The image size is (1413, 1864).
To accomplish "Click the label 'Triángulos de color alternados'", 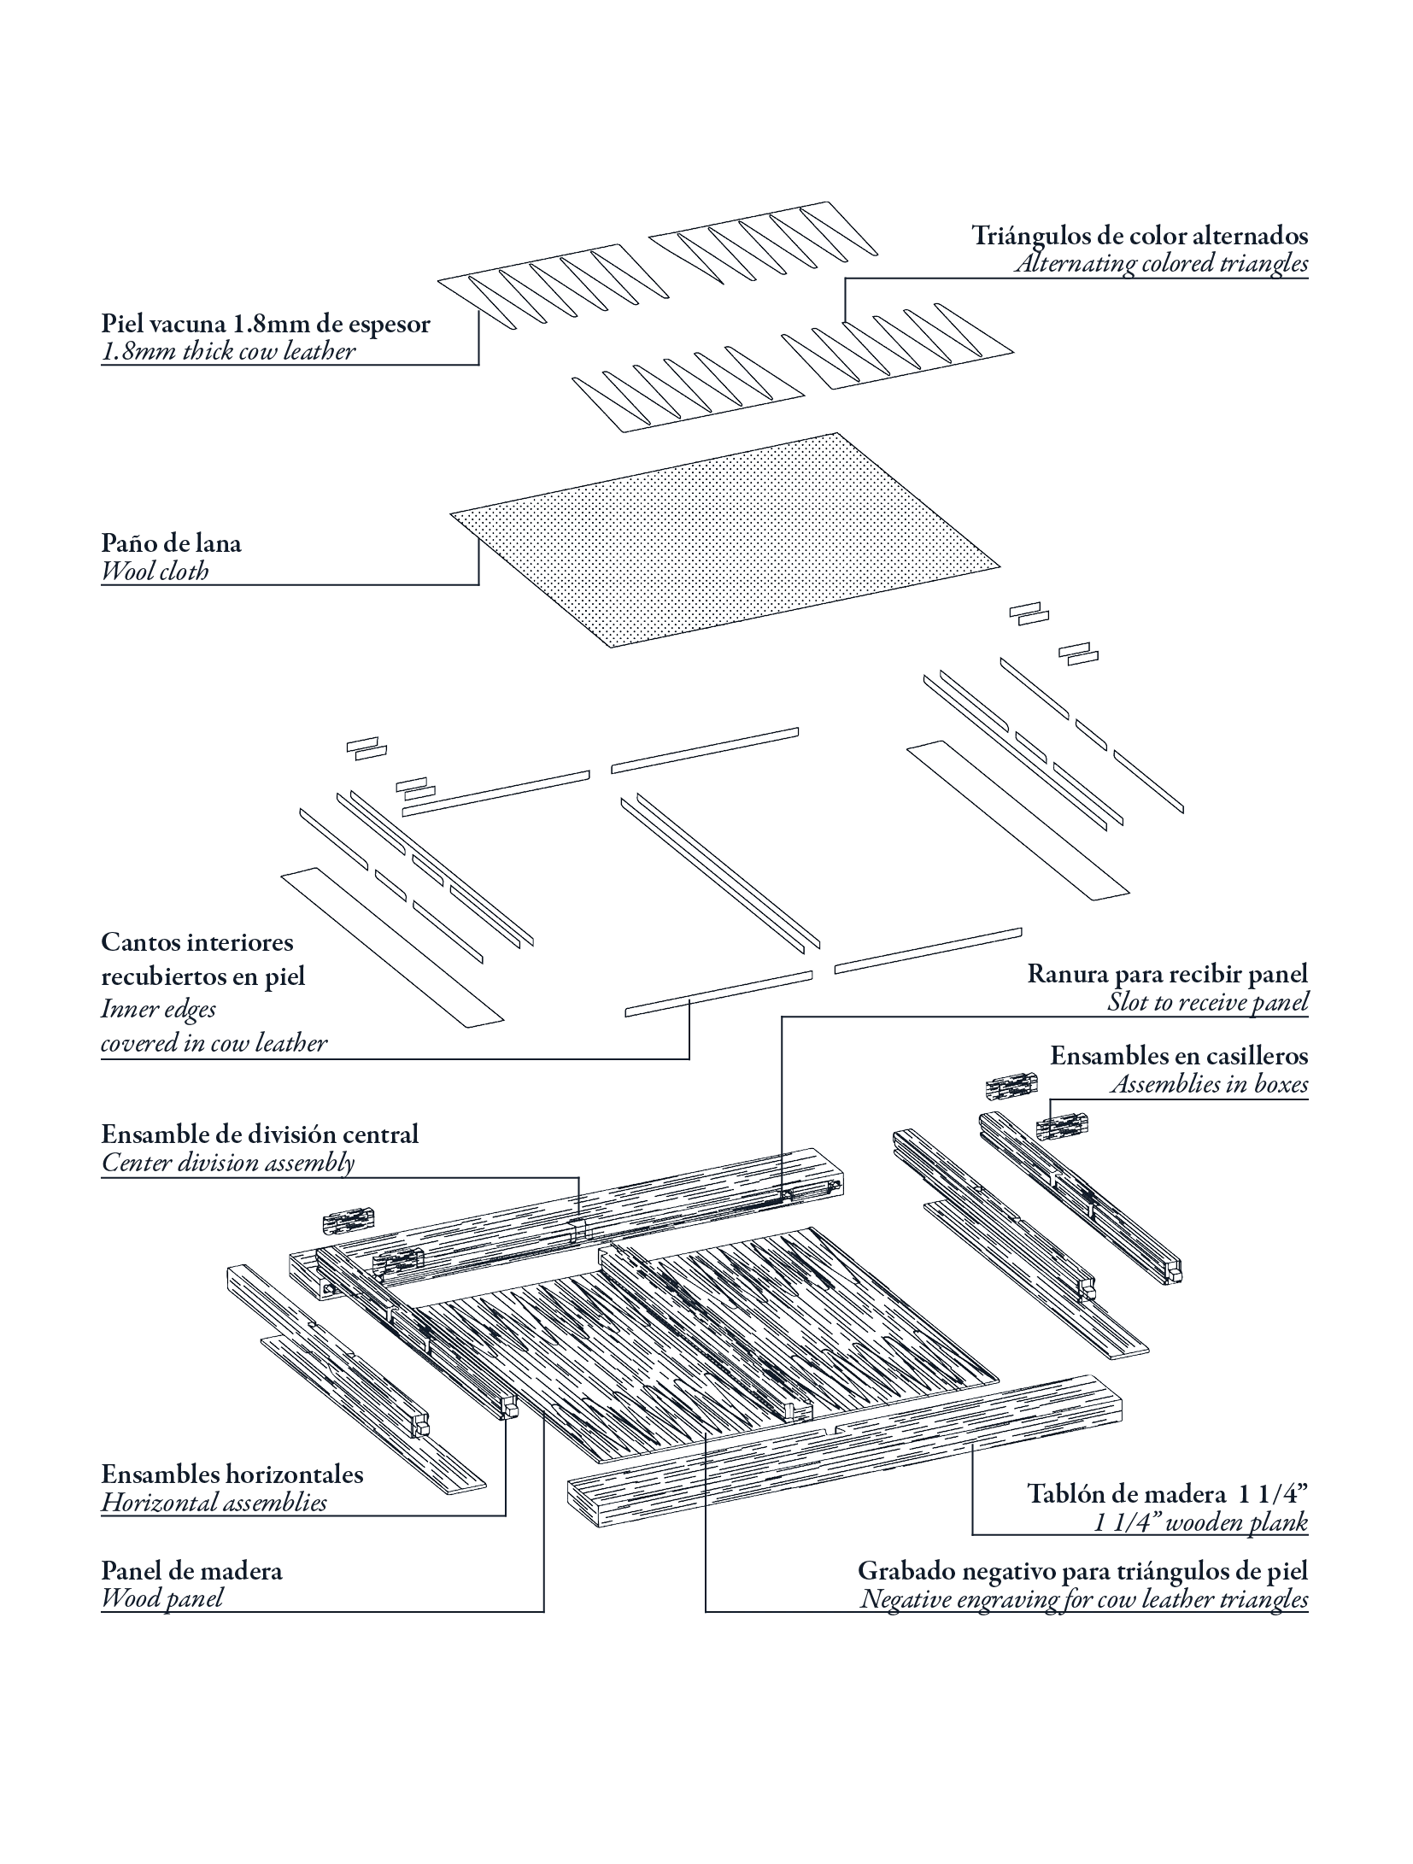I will pos(1140,235).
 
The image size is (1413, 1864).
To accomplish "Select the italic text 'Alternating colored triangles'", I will pos(1161,263).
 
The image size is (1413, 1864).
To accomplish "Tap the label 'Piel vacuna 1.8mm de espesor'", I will pos(266,325).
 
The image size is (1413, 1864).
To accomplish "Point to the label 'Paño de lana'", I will pos(171,543).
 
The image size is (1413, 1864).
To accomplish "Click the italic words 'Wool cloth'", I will pos(155,572).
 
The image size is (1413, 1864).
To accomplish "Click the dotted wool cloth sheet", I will pos(724,538).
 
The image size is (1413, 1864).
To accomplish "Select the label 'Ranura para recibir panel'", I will pos(1167,974).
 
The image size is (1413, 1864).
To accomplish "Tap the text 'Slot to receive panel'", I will pos(1207,1002).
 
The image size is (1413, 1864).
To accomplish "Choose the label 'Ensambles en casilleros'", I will pos(1179,1056).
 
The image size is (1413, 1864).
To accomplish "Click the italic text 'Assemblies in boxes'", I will pos(1209,1084).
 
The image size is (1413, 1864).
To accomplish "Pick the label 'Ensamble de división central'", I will pos(260,1134).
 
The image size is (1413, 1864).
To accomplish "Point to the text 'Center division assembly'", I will pos(227,1163).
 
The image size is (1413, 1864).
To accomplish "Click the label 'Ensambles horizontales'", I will pos(232,1474).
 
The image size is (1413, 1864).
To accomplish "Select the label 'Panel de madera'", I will pos(191,1571).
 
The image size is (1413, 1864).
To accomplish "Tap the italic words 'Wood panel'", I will pos(161,1598).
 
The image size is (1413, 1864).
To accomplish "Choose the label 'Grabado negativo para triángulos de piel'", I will pos(1082,1571).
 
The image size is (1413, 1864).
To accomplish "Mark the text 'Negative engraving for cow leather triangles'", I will pos(1083,1599).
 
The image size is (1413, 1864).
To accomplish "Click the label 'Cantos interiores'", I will pos(196,942).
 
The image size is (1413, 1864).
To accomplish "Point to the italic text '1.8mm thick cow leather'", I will pos(227,352).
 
